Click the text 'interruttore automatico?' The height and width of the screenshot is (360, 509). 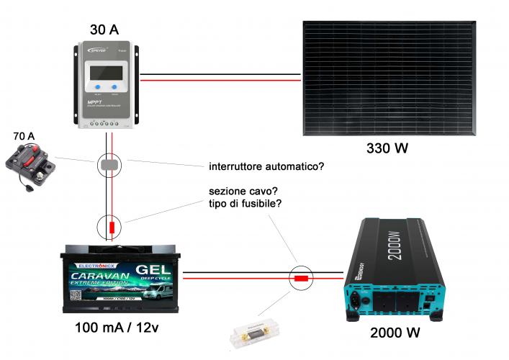(x=266, y=166)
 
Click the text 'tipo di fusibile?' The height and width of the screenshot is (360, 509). (x=245, y=204)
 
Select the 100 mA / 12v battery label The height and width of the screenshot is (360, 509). (x=118, y=329)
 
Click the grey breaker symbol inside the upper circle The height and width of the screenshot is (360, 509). (x=109, y=166)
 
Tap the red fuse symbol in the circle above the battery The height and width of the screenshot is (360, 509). (x=112, y=228)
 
